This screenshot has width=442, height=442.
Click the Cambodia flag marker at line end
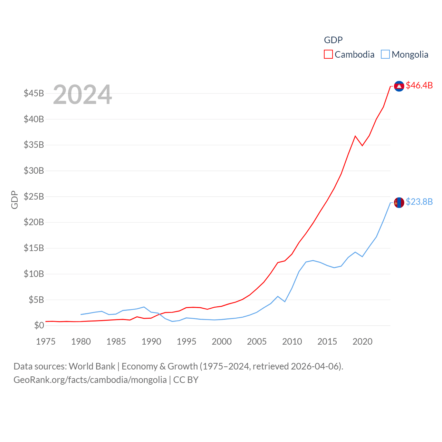point(399,86)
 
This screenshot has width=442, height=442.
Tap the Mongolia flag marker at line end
point(399,203)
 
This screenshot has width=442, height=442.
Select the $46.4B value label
point(419,85)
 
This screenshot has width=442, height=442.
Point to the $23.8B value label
point(419,202)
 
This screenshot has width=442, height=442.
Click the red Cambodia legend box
point(328,55)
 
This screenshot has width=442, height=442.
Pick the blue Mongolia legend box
point(385,55)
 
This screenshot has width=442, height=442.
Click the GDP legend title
point(333,40)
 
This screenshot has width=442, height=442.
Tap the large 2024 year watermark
point(83,94)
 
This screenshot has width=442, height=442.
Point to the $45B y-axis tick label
point(34,94)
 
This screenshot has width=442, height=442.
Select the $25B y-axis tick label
point(34,197)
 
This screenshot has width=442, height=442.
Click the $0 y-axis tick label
point(39,326)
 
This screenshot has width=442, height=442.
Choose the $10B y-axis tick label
point(34,274)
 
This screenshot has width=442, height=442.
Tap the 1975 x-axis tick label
point(46,342)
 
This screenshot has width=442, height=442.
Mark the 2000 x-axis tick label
point(222,342)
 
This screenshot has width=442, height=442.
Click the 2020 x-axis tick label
point(363,342)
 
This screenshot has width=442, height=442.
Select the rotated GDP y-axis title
point(15,200)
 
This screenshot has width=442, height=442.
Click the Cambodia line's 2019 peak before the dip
point(355,136)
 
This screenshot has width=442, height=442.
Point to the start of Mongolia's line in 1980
point(81,314)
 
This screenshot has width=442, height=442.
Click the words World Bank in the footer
point(92,366)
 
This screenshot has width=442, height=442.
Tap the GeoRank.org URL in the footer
point(90,380)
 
